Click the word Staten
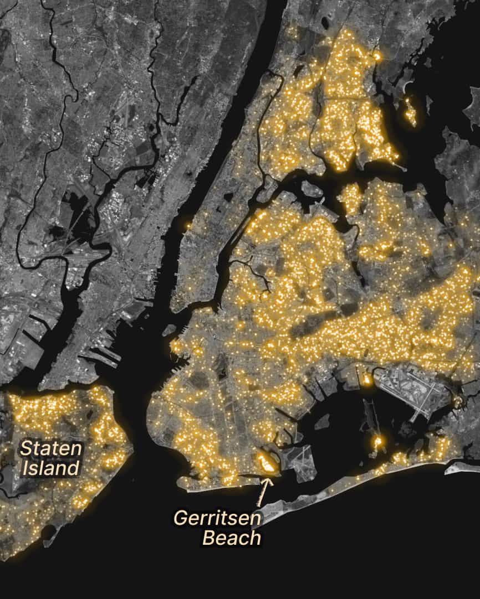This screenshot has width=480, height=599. (x=51, y=448)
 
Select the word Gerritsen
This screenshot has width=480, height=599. (x=217, y=518)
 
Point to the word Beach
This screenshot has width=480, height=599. (x=231, y=537)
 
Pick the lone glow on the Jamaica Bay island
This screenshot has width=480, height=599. (x=378, y=442)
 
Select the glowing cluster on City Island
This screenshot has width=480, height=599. (x=410, y=111)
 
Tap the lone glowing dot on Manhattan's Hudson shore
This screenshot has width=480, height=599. (x=188, y=225)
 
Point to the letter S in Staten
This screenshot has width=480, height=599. (x=25, y=448)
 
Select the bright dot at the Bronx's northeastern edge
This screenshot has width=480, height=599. (x=378, y=56)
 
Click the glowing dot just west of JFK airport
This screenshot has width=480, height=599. (x=367, y=380)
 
